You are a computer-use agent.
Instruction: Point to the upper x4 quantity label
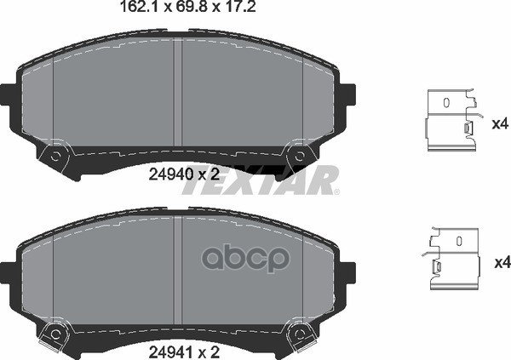click(x=501, y=123)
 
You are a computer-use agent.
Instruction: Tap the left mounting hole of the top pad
click(x=57, y=157)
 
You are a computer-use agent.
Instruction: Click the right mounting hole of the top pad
click(x=297, y=157)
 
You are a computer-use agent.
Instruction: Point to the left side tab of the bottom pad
click(x=7, y=271)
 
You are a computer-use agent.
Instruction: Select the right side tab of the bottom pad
click(x=347, y=271)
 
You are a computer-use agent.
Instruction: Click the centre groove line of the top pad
click(x=175, y=98)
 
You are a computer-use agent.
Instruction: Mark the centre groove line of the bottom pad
click(x=175, y=272)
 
